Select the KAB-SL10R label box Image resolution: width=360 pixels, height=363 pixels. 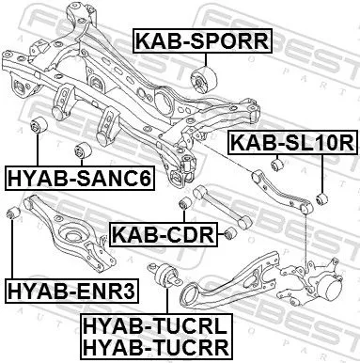pos(290,144)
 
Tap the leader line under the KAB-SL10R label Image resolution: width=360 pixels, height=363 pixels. pos(322,174)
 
